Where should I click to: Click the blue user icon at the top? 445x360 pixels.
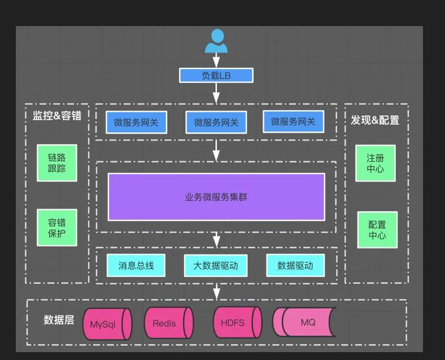(216, 41)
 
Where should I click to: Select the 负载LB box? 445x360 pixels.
(216, 76)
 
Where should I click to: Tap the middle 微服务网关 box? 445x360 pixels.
(216, 122)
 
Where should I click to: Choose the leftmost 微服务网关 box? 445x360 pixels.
(136, 122)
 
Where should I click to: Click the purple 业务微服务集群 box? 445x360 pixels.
(216, 197)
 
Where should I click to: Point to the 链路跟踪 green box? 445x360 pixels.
(57, 163)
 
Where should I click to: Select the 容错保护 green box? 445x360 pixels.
(57, 227)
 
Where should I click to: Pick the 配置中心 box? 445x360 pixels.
(377, 229)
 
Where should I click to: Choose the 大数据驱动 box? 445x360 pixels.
(216, 265)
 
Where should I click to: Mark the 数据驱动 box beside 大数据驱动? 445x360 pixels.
(295, 265)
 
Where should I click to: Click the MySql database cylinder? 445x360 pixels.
(107, 324)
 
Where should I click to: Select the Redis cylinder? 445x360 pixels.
(168, 323)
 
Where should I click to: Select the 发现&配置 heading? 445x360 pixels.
(375, 120)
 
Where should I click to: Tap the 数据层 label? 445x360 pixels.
(59, 320)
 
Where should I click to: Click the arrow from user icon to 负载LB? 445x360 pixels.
(216, 61)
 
